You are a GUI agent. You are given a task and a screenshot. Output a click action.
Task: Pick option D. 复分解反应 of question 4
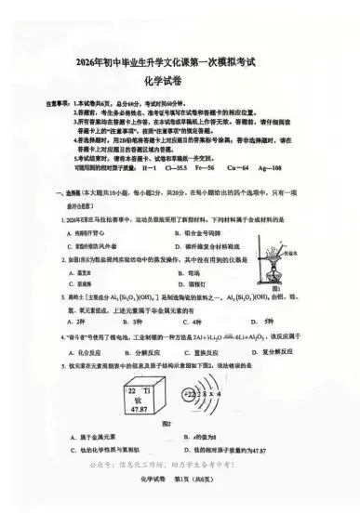[298, 353]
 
